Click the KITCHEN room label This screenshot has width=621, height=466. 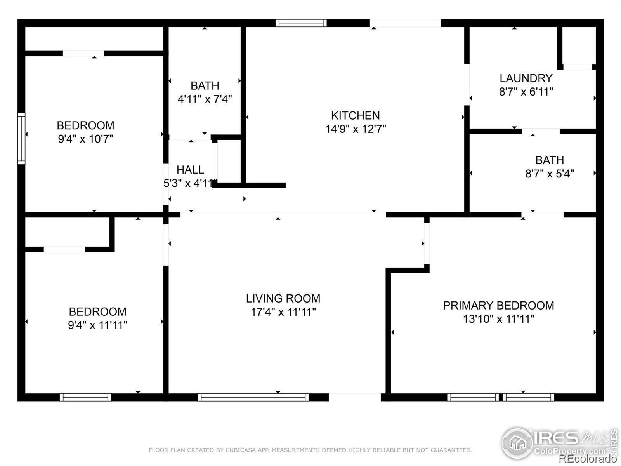[356, 115]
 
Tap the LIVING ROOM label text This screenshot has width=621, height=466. [283, 299]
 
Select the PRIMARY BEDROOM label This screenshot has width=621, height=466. [498, 306]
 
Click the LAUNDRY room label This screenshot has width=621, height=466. [526, 78]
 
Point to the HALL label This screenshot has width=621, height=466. [190, 170]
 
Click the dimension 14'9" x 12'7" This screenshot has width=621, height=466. [356, 129]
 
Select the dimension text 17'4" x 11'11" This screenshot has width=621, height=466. [283, 312]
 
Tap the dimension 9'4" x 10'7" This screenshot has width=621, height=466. [85, 139]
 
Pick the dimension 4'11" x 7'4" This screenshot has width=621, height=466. [205, 99]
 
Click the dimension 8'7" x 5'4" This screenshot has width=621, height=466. [550, 174]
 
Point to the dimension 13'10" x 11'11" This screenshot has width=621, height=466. [498, 319]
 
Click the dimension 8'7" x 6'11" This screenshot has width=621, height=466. [526, 92]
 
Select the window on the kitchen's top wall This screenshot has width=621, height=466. [301, 23]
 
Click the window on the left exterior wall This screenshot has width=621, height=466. [21, 138]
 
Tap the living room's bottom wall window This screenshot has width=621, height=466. [253, 397]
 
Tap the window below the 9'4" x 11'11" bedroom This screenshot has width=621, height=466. [85, 397]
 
